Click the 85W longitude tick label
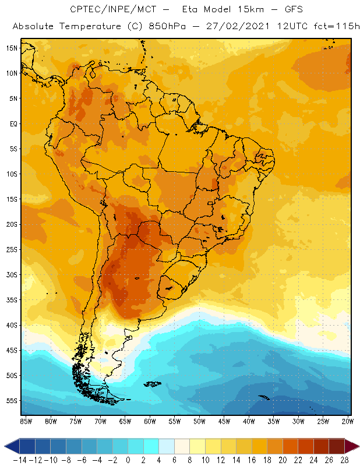pyautogui.click(x=26, y=421)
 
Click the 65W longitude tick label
pyautogui.click(x=125, y=421)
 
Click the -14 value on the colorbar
pyautogui.click(x=19, y=460)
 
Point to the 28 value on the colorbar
pyautogui.click(x=345, y=460)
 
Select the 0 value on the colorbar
pyautogui.click(x=128, y=460)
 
